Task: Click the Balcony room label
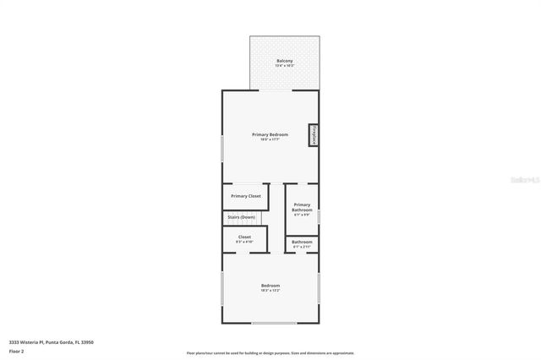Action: pyautogui.click(x=285, y=61)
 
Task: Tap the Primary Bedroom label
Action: pyautogui.click(x=270, y=134)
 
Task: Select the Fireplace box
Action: pyautogui.click(x=314, y=135)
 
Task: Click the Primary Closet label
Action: pyautogui.click(x=246, y=196)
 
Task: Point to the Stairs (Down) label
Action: pyautogui.click(x=241, y=217)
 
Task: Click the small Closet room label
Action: pyautogui.click(x=244, y=237)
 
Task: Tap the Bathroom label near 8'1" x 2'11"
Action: pyautogui.click(x=303, y=242)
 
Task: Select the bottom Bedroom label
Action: pyautogui.click(x=270, y=286)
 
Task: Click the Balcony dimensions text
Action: pyautogui.click(x=285, y=66)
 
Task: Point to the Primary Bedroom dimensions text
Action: pyautogui.click(x=270, y=139)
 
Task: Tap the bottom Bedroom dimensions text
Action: pyautogui.click(x=270, y=291)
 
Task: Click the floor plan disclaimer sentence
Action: pyautogui.click(x=270, y=353)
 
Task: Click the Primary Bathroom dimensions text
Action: pyautogui.click(x=303, y=215)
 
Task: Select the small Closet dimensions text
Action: pyautogui.click(x=244, y=242)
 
